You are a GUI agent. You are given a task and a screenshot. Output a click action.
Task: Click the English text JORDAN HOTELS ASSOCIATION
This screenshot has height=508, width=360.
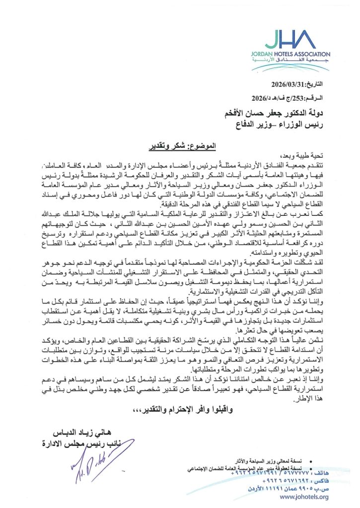click(296, 54)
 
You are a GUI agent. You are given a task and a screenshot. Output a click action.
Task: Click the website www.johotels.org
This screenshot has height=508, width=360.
click(303, 497)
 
